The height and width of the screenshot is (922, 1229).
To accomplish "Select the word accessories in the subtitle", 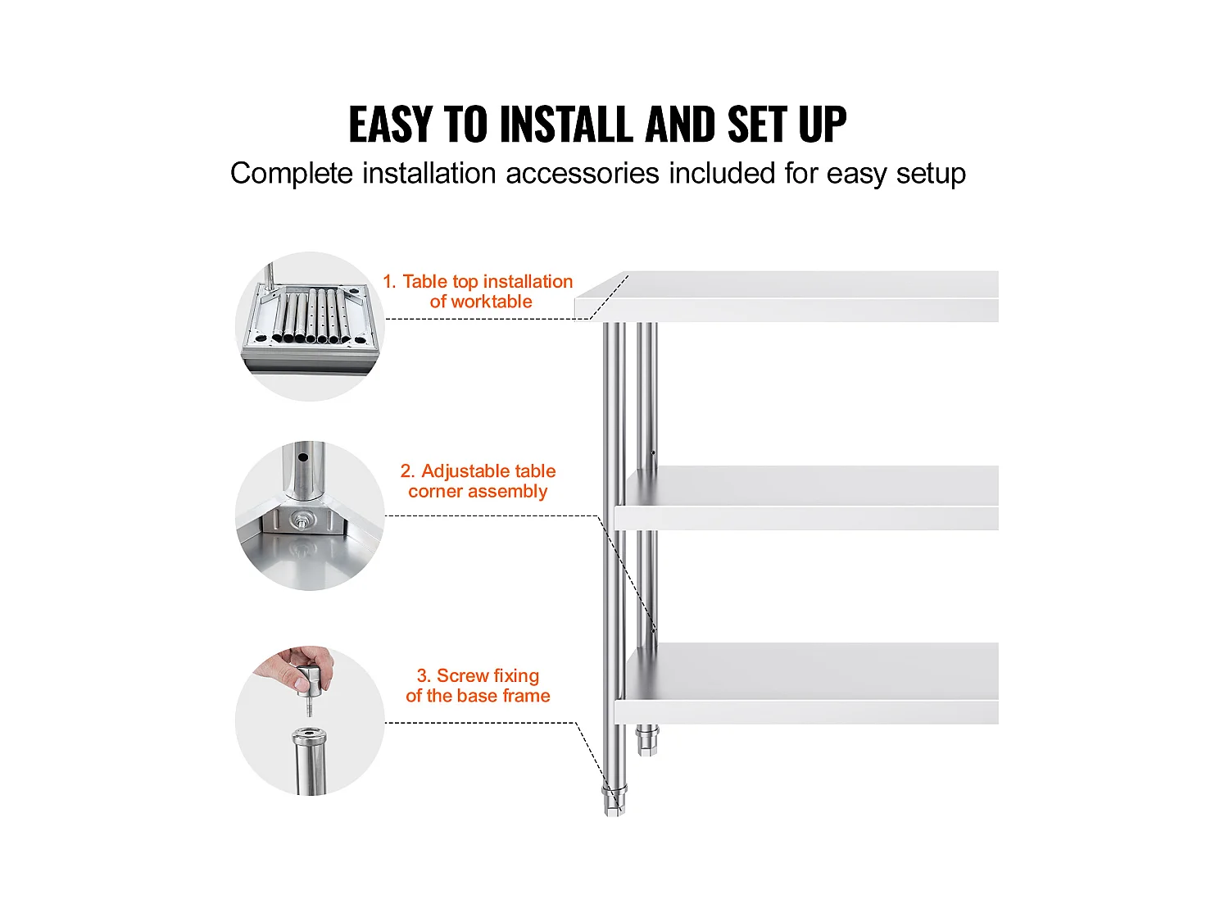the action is click(x=583, y=173).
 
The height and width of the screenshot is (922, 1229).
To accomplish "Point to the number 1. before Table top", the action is click(x=390, y=282).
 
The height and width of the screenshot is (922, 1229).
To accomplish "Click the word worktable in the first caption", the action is click(x=480, y=302).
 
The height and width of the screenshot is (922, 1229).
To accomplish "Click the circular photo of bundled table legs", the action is click(x=310, y=326).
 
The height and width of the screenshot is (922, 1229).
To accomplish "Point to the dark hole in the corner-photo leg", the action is click(x=303, y=457).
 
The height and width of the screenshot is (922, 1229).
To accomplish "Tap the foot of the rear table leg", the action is click(x=646, y=740).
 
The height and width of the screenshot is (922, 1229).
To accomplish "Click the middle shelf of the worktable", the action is click(x=806, y=497).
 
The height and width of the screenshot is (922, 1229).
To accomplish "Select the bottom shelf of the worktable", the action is click(x=806, y=683).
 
